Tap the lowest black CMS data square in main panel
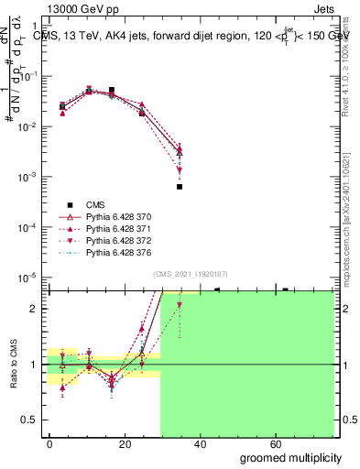[x=180, y=187]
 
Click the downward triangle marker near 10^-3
[x=180, y=170]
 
